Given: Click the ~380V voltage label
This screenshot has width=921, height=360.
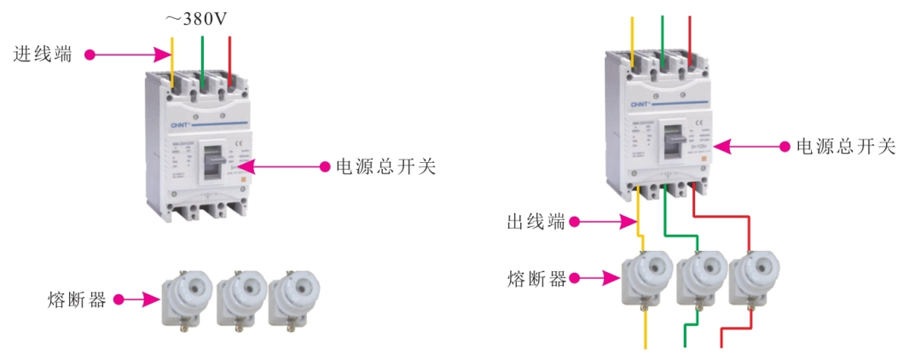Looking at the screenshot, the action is click(195, 18).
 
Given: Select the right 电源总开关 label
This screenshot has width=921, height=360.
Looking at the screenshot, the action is click(845, 147).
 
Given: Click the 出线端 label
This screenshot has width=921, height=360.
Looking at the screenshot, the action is click(536, 223).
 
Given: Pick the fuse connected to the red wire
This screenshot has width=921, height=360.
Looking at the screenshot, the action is click(755, 278).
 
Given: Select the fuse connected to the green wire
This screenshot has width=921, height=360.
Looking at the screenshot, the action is click(700, 278).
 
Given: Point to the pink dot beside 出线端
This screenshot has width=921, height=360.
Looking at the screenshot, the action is click(576, 223).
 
